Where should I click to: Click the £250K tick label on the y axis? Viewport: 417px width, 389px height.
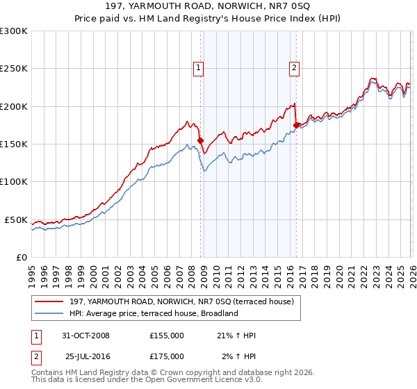pos(14,69)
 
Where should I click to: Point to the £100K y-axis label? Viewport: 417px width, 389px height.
pos(14,181)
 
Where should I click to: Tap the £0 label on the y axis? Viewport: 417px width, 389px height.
pos(21,257)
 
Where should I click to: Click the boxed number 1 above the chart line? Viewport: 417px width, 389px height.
pos(199,67)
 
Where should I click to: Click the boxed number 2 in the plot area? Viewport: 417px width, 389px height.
pos(295,67)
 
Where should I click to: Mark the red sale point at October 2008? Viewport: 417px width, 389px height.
pos(201,140)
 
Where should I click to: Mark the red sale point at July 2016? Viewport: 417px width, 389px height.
pos(296,125)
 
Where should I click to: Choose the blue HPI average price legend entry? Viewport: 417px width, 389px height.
pos(154,313)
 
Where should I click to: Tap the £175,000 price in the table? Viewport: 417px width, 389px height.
pos(167,356)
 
